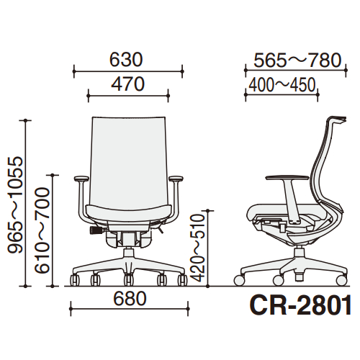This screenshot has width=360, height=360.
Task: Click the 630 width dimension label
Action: pos(126,60)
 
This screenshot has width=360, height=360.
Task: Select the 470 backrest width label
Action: pos(127,84)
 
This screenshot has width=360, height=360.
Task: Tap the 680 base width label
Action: pos(130,299)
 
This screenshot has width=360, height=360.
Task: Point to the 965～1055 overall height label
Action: pos(15,204)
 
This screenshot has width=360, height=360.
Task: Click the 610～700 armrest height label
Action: pos(42,230)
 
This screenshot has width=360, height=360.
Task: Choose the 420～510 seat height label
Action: pos(198,248)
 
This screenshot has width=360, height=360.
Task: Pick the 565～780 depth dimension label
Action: pos(297,60)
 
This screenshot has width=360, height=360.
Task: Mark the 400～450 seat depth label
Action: pos(282,85)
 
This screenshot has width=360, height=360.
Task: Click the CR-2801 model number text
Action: pos(300,305)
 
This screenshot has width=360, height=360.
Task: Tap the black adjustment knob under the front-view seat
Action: pos(96,230)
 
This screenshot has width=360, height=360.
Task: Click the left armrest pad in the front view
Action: pos(81,179)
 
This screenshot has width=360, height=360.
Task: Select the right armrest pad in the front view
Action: pos(176,179)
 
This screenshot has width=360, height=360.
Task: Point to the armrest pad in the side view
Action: pos(287,178)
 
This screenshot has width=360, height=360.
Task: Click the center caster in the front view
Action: pos(129,279)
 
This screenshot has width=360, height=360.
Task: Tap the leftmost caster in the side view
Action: pos(239,281)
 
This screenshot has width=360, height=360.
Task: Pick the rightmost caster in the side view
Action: pos(342,281)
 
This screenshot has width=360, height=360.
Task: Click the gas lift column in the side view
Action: pos(299,252)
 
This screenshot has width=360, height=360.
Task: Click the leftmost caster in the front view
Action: pos(75,280)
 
